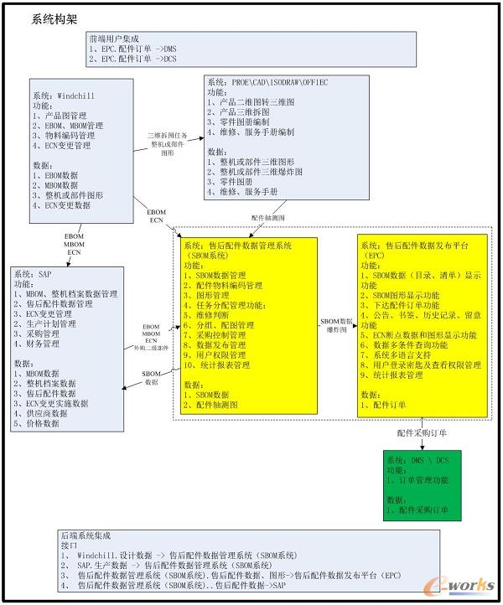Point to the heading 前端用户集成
tap(116, 39)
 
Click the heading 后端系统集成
tap(85, 534)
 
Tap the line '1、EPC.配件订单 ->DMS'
tap(132, 49)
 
